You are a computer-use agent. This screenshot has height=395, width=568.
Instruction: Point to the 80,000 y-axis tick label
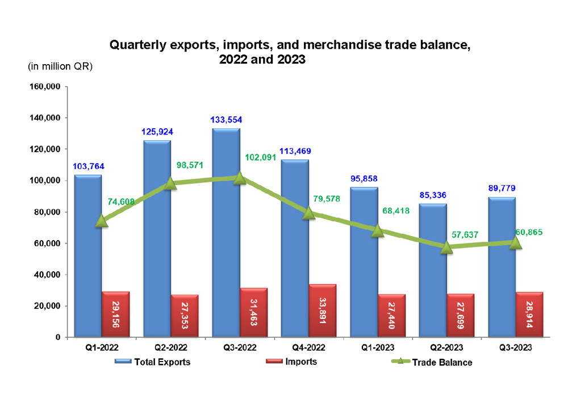click(x=47, y=212)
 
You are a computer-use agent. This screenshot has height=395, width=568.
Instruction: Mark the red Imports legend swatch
click(x=274, y=362)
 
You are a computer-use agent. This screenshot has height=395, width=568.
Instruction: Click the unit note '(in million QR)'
click(x=60, y=66)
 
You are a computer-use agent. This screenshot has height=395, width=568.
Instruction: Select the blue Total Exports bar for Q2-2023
click(x=433, y=267)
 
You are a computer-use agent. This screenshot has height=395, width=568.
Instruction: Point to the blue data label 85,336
click(x=432, y=195)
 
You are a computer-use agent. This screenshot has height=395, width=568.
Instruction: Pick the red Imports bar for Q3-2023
click(x=529, y=315)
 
